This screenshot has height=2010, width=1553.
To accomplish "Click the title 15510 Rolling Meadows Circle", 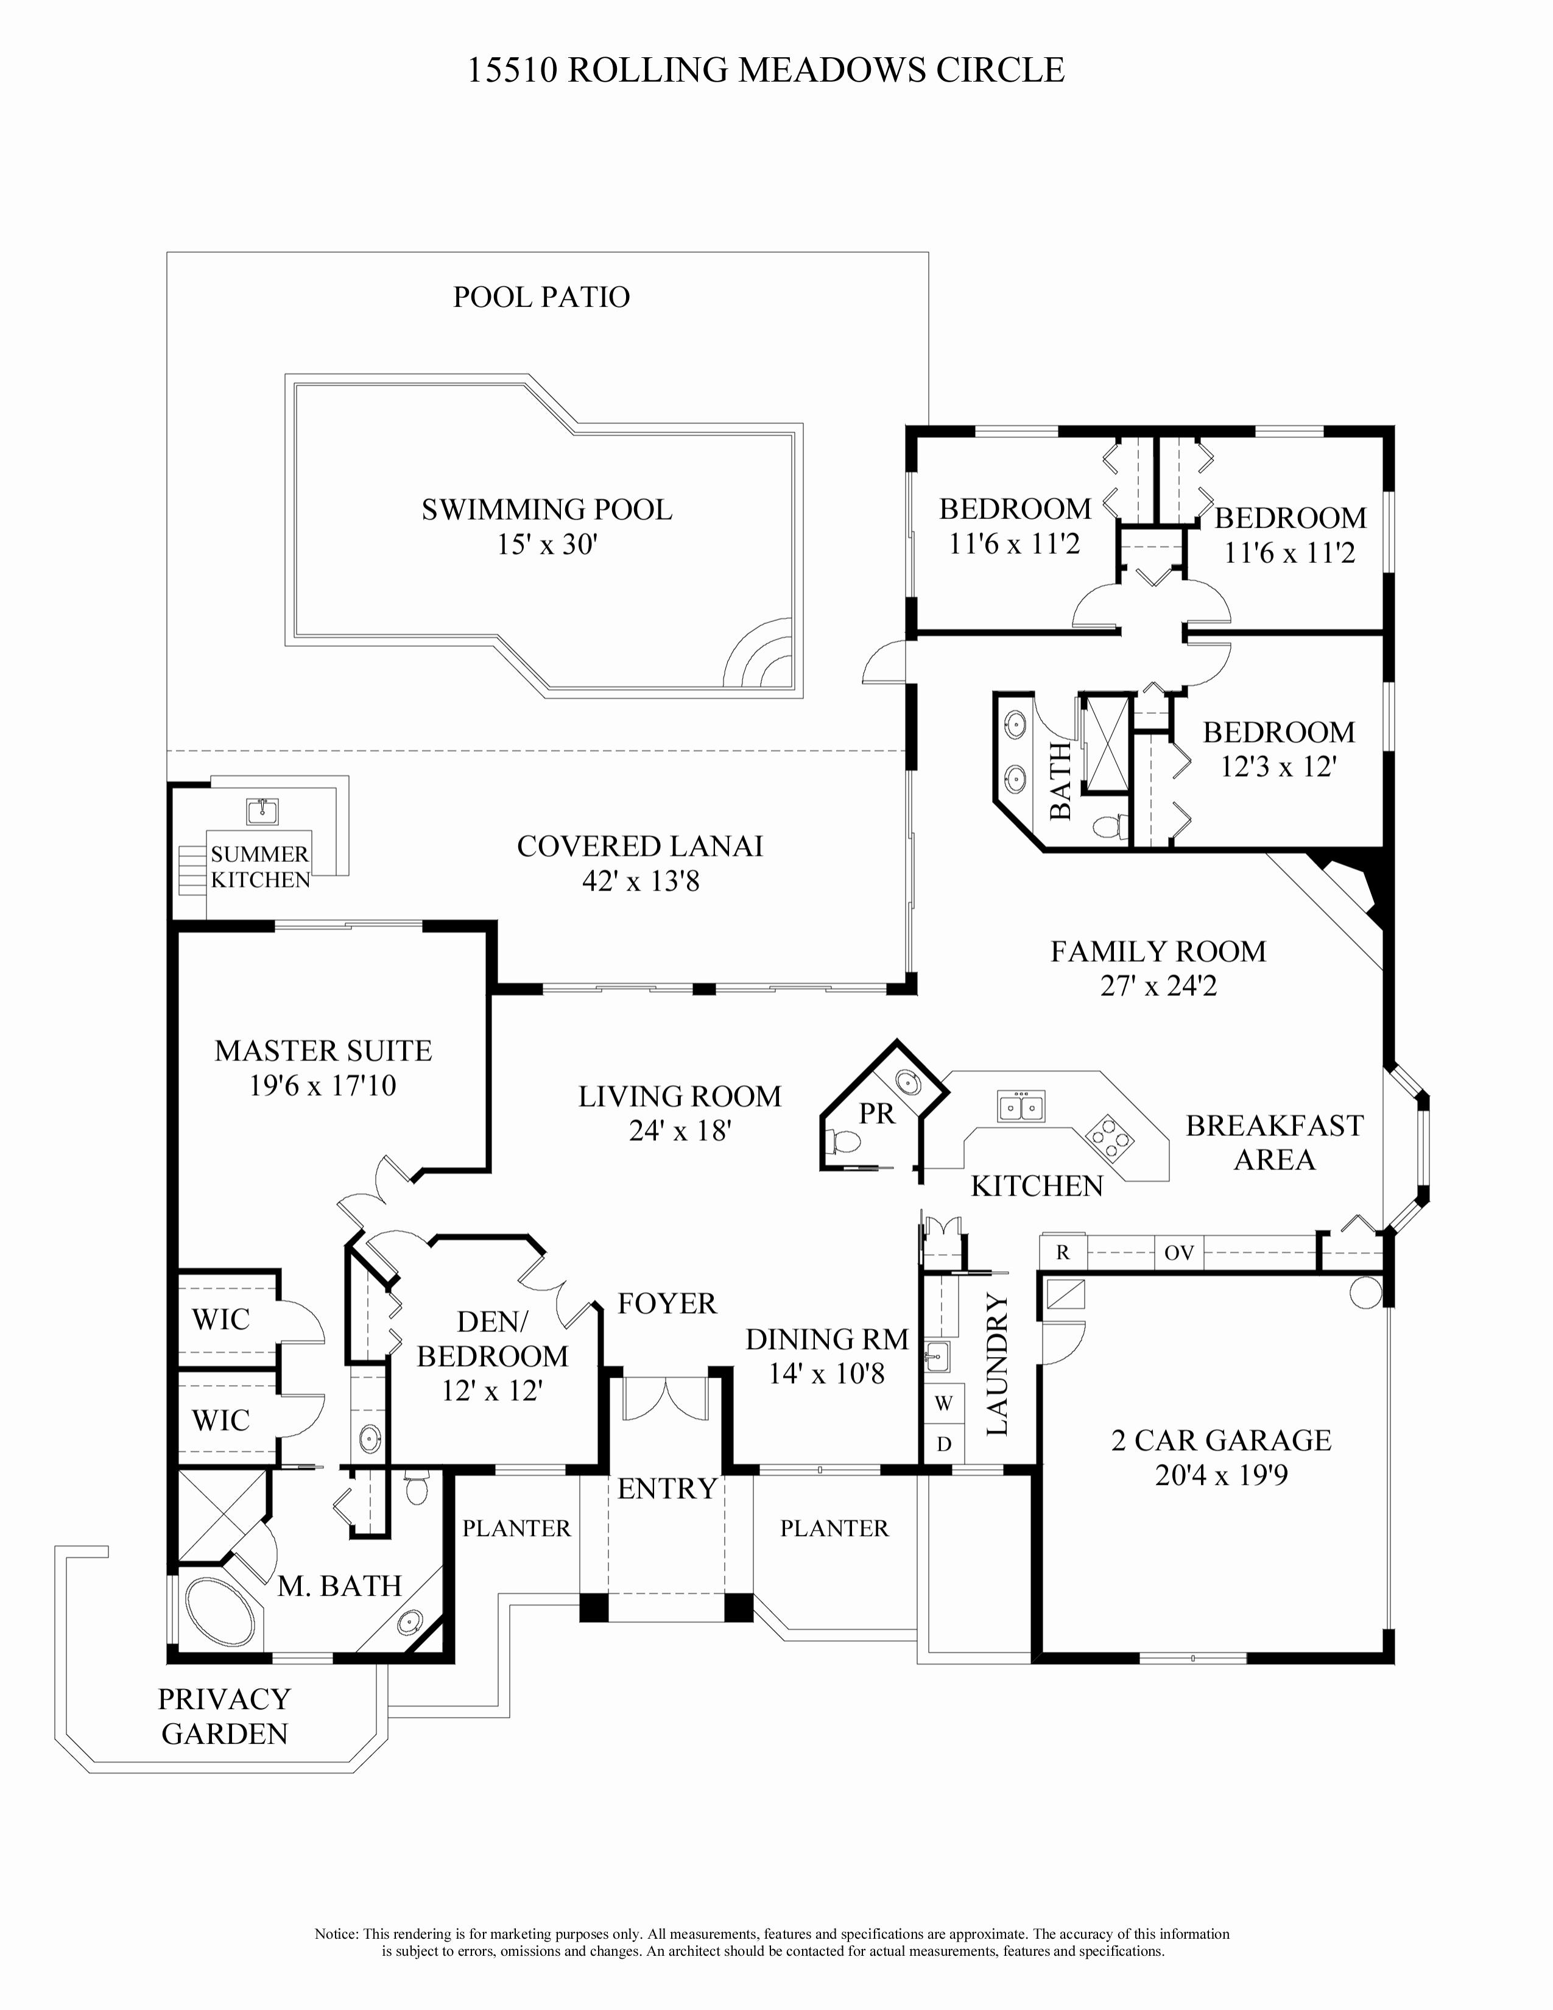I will (766, 71).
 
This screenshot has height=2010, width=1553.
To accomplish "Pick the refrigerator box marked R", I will (1063, 1252).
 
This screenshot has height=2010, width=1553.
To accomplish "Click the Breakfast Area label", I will (1274, 1142).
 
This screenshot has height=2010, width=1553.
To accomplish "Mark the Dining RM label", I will (826, 1339).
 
